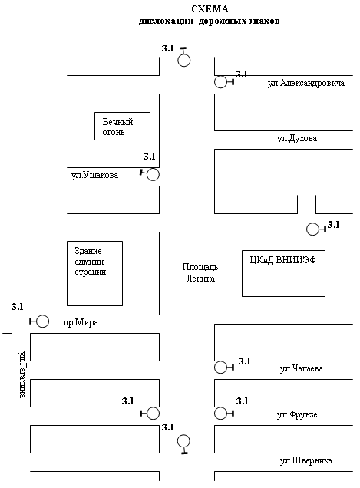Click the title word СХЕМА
point(210,9)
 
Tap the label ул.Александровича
point(306,83)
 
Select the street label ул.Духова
point(297,138)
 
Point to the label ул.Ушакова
point(94,175)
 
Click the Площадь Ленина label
point(200,272)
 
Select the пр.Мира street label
point(81,322)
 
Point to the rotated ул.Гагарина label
point(21,374)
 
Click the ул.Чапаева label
point(302,368)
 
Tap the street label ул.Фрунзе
point(297,414)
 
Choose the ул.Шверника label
point(306,460)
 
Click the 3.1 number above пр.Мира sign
point(18,307)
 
